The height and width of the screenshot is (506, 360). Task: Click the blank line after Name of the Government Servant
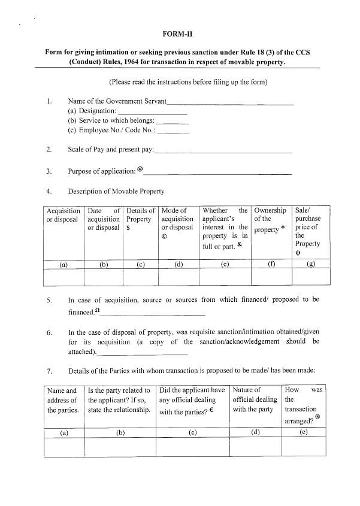click(230, 103)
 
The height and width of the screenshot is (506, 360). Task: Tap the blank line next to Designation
click(153, 113)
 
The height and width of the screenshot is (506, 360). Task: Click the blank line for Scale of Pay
click(223, 151)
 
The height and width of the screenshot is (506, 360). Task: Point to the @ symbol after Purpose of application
click(140, 169)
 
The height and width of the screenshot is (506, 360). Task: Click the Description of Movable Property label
click(116, 192)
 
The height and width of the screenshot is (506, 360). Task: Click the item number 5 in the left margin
click(49, 299)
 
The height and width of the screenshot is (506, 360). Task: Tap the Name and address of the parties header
click(63, 400)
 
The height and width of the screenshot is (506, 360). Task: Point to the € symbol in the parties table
click(212, 411)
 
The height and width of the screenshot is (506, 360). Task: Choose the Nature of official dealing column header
click(255, 400)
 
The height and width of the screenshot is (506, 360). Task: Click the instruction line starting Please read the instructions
click(188, 81)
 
